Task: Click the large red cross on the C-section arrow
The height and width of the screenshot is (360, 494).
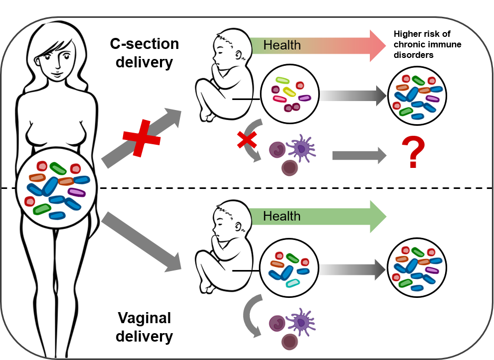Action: pos(142,138)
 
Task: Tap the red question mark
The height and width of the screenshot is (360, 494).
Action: pos(413,152)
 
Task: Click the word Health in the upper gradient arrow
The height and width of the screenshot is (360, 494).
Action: pos(282,45)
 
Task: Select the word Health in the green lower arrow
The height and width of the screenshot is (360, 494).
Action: pos(282,216)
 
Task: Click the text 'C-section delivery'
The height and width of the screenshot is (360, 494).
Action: pos(144,53)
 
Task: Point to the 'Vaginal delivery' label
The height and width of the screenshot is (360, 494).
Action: pos(144,327)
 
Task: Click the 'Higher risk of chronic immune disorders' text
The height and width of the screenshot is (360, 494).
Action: pos(427,44)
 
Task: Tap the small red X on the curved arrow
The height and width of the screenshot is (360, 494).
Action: pos(247,140)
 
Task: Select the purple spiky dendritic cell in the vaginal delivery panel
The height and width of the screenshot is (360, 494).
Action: pos(300,322)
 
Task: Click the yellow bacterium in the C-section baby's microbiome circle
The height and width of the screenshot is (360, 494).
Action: pos(289,92)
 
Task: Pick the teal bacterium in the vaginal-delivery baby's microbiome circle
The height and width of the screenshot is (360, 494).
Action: pos(293,283)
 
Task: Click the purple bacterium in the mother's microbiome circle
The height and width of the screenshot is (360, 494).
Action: pos(77,192)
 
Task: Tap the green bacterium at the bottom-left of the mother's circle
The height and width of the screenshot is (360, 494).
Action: pos(42,209)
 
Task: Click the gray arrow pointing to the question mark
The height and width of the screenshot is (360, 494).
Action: pos(359,155)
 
